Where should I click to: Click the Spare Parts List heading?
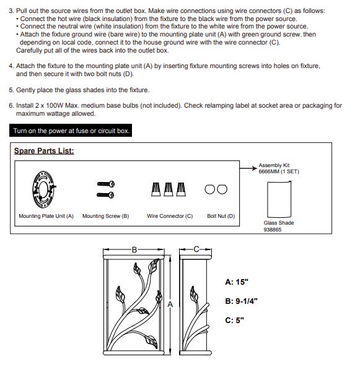44,151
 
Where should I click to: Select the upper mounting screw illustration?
106,184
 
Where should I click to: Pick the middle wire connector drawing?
169,189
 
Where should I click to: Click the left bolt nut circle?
210,189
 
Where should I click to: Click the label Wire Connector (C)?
170,216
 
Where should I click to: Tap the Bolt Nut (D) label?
221,216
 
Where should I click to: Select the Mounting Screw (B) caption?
106,216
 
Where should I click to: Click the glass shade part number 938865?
273,230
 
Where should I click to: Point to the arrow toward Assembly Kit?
248,168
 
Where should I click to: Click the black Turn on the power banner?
71,131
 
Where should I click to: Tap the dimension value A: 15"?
237,282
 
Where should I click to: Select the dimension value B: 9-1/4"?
241,301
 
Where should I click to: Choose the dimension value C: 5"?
234,320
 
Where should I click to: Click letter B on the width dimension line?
134,250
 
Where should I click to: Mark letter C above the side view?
196,249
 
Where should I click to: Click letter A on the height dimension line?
170,304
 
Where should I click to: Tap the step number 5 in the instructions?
11,90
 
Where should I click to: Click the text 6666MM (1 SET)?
279,171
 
